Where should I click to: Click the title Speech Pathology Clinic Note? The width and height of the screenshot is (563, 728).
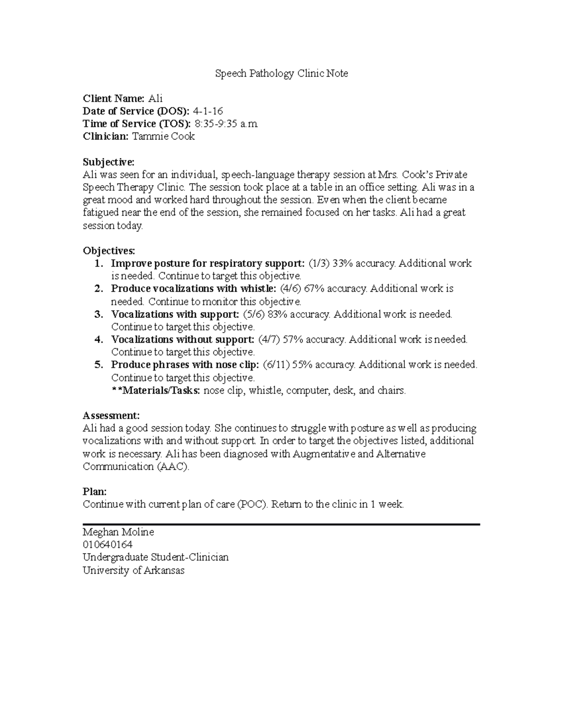tap(281, 74)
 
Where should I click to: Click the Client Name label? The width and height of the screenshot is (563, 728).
tap(114, 98)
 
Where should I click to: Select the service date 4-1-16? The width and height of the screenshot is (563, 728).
tap(208, 111)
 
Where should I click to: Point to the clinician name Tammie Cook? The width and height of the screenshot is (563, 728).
tap(163, 136)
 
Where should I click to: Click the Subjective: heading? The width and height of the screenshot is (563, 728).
tap(108, 162)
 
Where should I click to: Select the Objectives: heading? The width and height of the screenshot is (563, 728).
tap(109, 251)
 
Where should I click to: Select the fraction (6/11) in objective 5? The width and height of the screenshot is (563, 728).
tap(275, 365)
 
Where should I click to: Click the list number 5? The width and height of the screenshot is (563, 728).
tap(99, 365)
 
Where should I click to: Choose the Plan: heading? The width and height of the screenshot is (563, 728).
tap(95, 492)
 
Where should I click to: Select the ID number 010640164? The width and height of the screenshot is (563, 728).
tap(107, 545)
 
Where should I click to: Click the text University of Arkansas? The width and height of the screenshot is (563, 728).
tap(134, 570)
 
